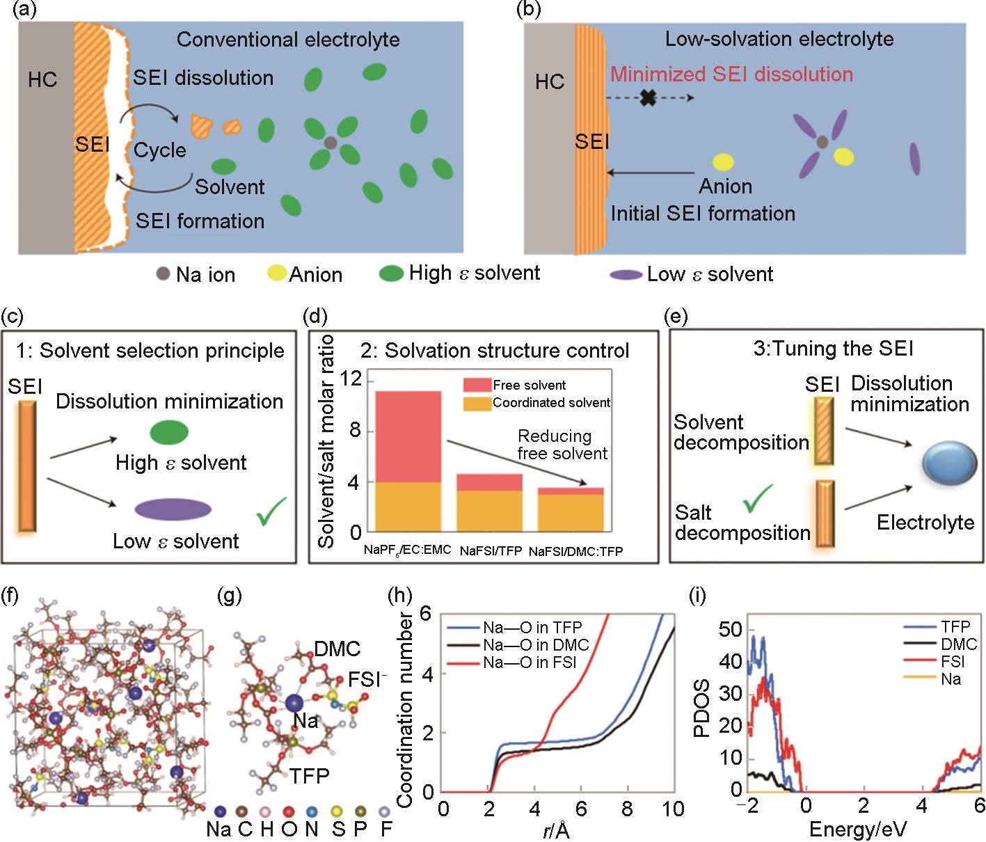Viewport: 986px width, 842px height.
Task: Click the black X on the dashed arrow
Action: (648, 98)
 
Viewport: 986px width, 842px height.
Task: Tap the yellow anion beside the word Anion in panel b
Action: (724, 162)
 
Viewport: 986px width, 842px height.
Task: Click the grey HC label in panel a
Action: (43, 80)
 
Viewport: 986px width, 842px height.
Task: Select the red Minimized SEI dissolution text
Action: (732, 74)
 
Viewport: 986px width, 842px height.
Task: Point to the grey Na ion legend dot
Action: (163, 274)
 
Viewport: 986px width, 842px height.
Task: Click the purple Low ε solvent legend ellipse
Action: (626, 275)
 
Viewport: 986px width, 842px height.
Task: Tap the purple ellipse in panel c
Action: (173, 509)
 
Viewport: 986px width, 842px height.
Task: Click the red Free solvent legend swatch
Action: (477, 385)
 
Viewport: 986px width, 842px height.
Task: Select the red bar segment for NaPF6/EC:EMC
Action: (408, 436)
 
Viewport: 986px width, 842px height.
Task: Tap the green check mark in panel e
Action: (758, 498)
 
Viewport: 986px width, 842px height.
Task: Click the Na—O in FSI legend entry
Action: (529, 662)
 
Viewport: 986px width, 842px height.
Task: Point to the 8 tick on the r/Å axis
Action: (628, 809)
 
